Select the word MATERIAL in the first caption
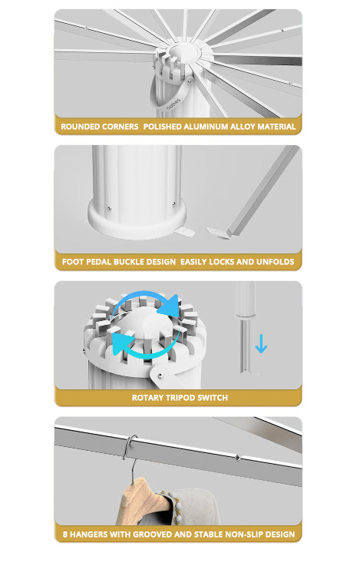point(276,127)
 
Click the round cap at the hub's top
point(183,53)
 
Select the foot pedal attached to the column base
point(184,232)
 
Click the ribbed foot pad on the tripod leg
point(218,233)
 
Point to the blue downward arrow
point(261,343)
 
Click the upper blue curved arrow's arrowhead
point(170,306)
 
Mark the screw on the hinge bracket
point(160,376)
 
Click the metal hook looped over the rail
point(129,448)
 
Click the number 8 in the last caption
point(65,535)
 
